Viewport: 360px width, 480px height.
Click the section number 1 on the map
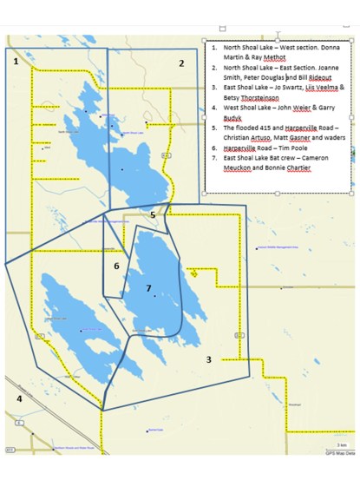(16, 62)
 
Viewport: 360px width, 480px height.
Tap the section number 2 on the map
(181, 63)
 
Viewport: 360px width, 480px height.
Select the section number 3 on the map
(208, 359)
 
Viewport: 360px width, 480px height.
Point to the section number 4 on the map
(19, 398)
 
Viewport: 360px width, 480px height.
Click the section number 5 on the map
(153, 214)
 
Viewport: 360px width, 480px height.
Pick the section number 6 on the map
(116, 266)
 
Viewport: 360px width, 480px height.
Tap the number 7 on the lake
(148, 288)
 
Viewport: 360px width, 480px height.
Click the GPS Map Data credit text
(339, 452)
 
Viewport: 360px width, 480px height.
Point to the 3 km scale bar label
(341, 445)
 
